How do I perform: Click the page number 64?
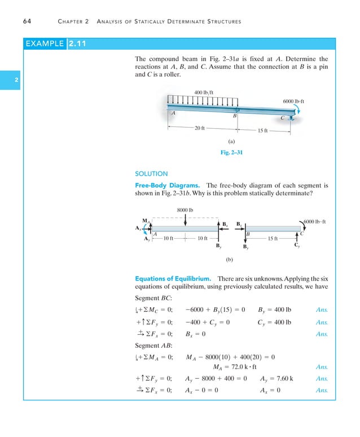pos(27,22)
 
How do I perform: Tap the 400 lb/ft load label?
pos(204,92)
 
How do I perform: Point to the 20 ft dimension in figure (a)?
pos(199,128)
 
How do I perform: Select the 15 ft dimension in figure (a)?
pos(262,131)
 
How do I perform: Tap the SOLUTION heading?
pos(152,174)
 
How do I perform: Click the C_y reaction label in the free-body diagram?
pos(297,246)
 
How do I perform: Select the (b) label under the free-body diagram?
pos(230,261)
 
